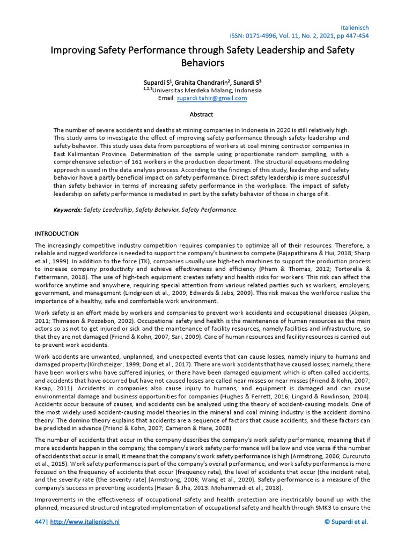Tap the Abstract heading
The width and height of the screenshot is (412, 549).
tap(201, 114)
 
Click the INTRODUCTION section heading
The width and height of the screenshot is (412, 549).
tap(56, 234)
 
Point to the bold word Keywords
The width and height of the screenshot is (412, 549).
tap(68, 210)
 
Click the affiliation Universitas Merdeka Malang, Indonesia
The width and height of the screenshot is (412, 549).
tap(207, 91)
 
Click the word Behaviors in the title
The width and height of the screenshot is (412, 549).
tap(202, 63)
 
